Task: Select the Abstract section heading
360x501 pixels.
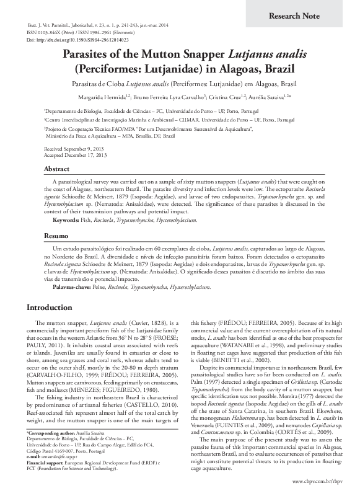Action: [x=56, y=169]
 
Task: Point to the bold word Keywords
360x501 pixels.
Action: [x=66, y=220]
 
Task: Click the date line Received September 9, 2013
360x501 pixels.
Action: [x=74, y=149]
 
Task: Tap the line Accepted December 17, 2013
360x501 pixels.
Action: [x=75, y=155]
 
